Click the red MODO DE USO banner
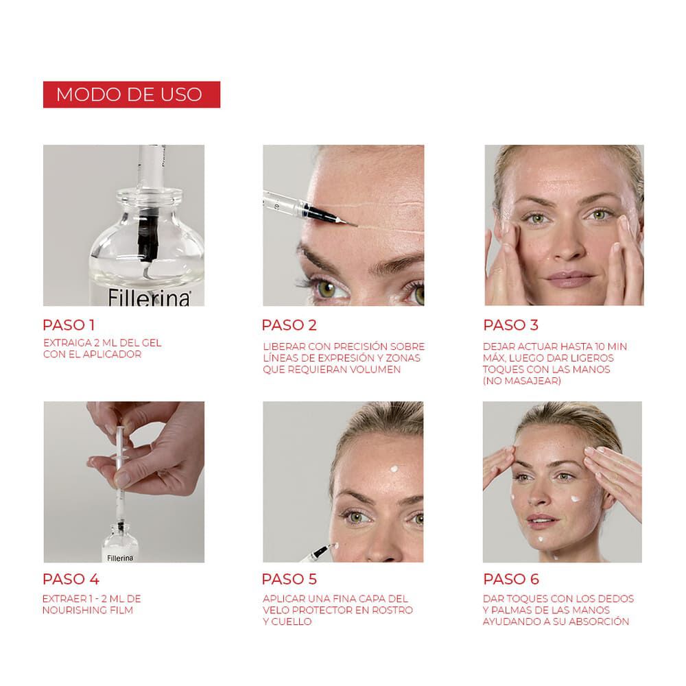(131, 94)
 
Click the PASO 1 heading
(69, 324)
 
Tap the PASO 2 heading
(289, 324)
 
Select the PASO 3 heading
(510, 324)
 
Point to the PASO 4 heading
(70, 578)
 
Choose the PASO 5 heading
(289, 578)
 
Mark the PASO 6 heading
(510, 578)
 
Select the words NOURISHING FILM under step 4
(86, 610)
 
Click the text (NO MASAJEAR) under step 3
(521, 381)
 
